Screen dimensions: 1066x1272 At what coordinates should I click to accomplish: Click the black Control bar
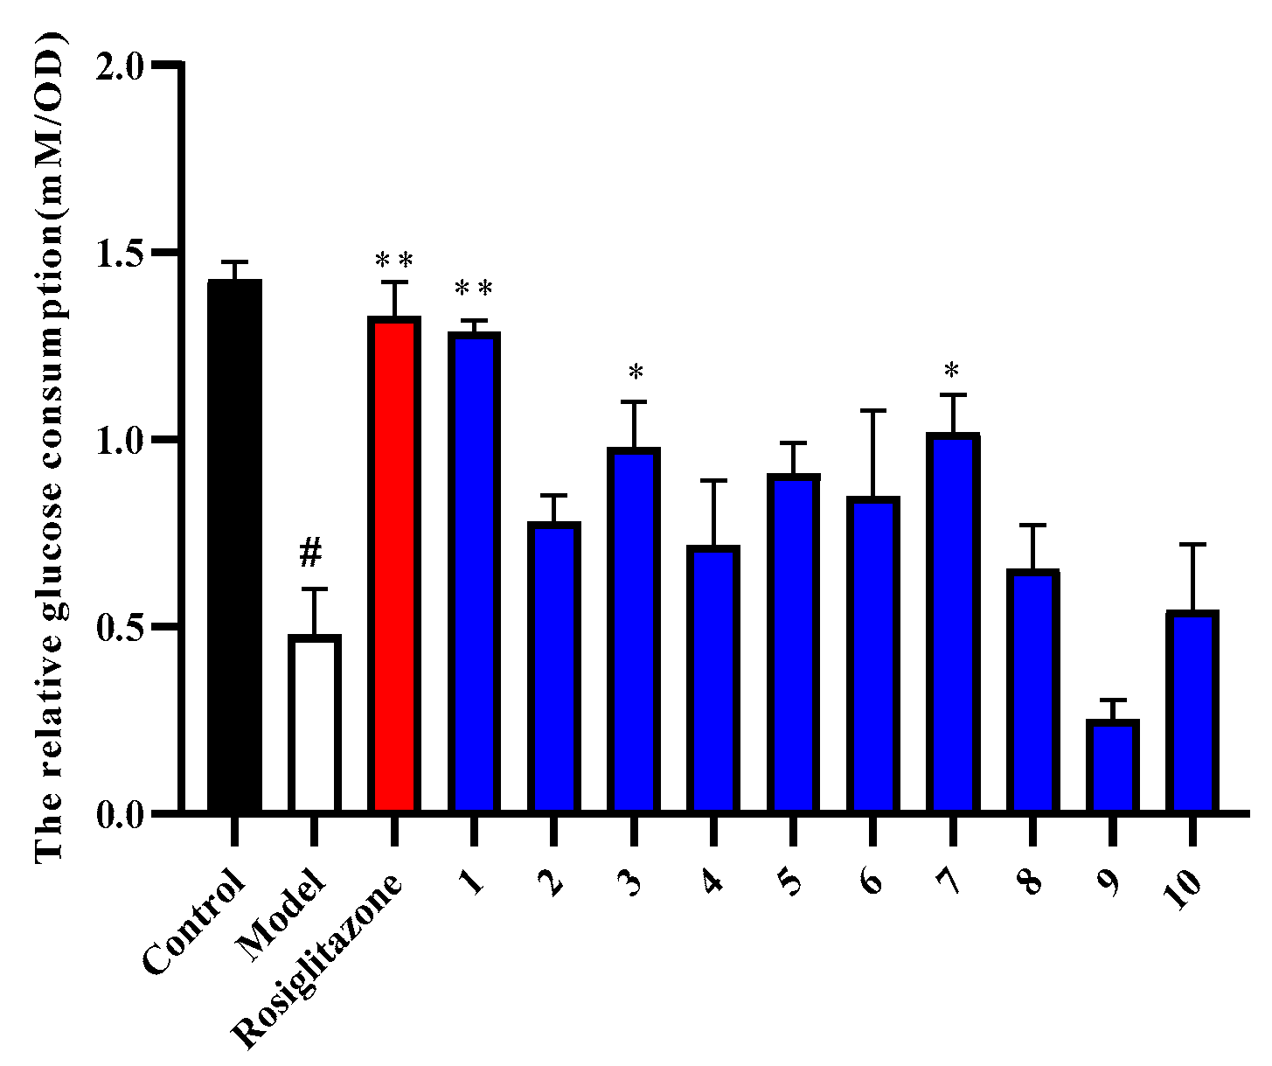pos(234,547)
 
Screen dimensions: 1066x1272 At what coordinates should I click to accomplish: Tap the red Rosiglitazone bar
pos(393,565)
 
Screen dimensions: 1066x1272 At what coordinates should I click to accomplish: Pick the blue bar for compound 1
pos(473,573)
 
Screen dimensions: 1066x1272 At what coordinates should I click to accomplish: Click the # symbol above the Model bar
pos(311,552)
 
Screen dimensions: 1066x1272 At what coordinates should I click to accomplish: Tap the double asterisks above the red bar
pos(393,260)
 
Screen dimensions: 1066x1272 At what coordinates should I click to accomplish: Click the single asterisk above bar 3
pos(636,373)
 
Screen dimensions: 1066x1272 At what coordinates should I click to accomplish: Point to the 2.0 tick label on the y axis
pos(123,66)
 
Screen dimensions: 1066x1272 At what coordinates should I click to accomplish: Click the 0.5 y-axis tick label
pos(123,627)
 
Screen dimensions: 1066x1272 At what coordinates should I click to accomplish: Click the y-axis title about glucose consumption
pos(51,446)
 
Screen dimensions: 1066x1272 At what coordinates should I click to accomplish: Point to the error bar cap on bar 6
pos(872,410)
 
